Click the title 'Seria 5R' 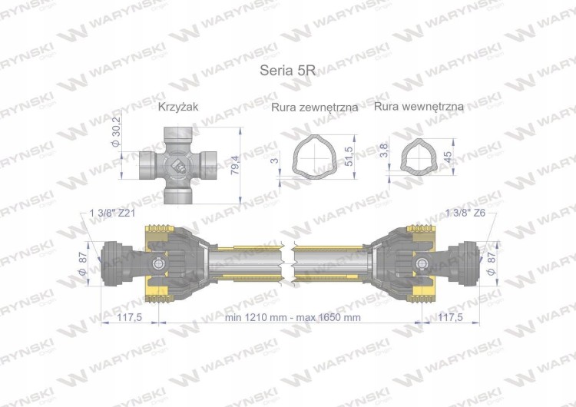tap(288, 70)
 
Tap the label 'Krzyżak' tap(178, 107)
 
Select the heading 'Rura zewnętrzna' tap(314, 108)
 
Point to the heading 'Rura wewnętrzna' tap(419, 107)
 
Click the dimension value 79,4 tap(236, 165)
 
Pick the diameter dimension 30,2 tap(116, 132)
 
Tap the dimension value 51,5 tap(349, 156)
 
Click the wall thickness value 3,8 tap(384, 151)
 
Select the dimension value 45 tap(449, 157)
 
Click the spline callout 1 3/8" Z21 tap(113, 213)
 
